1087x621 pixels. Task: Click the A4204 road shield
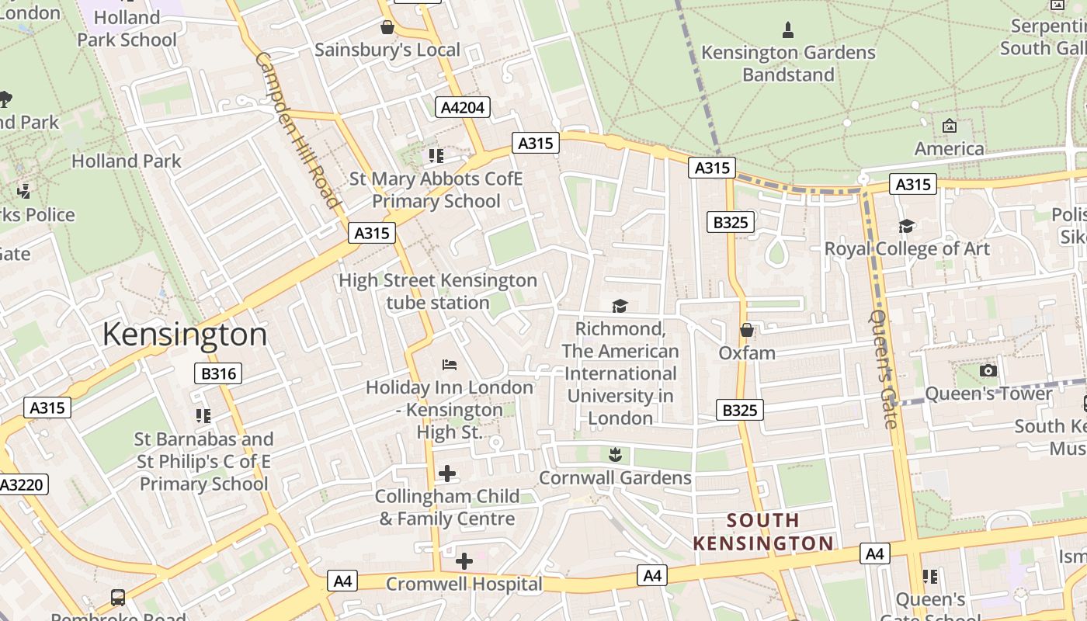point(463,107)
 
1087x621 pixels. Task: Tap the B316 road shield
point(218,373)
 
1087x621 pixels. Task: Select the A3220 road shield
point(22,485)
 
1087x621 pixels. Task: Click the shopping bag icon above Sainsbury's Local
point(387,28)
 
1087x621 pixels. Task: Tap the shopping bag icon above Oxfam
point(747,331)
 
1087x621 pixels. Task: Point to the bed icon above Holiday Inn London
point(450,364)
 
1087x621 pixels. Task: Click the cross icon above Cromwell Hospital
point(464,560)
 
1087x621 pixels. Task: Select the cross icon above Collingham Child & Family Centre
point(447,473)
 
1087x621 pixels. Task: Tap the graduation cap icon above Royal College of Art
point(906,226)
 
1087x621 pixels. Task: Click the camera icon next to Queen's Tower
point(988,371)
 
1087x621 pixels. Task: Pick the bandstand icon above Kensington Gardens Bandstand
point(788,30)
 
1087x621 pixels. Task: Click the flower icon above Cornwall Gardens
point(615,455)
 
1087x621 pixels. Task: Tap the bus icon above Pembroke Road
point(118,597)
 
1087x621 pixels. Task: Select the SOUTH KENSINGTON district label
point(763,532)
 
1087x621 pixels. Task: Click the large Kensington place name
point(185,335)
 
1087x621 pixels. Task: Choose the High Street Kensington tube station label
point(438,291)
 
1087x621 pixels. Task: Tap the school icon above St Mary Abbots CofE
point(436,156)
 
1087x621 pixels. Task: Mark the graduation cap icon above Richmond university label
point(620,306)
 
